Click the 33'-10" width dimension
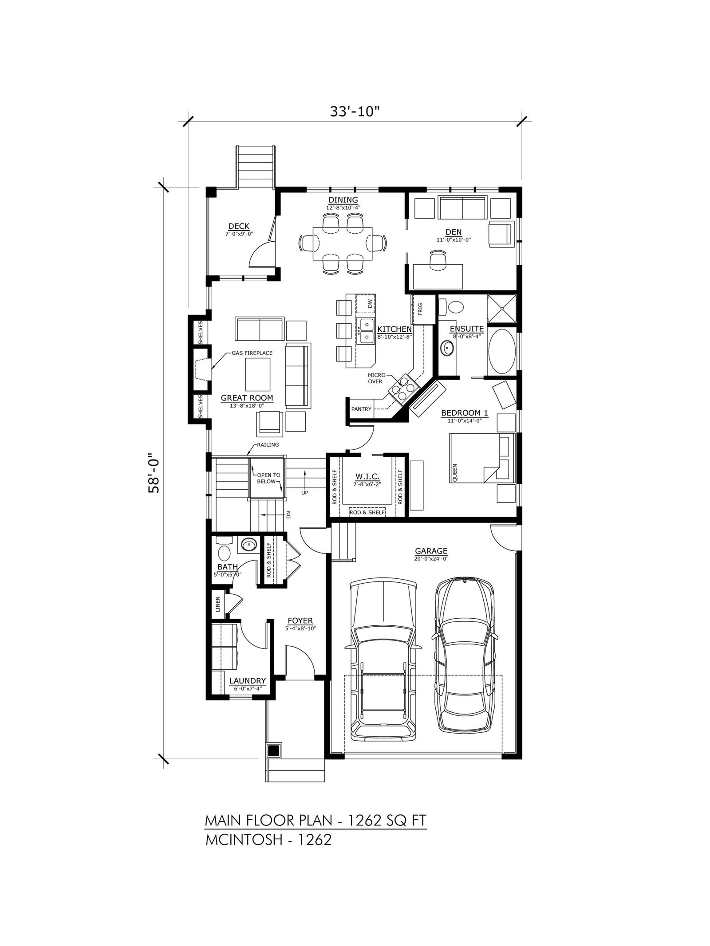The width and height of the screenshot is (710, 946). [x=355, y=110]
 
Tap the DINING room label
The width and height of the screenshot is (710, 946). [x=343, y=200]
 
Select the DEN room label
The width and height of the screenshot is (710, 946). [x=454, y=232]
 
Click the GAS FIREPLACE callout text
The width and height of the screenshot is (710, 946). [x=251, y=353]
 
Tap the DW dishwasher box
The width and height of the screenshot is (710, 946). [x=369, y=304]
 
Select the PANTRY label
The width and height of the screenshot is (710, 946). [x=361, y=409]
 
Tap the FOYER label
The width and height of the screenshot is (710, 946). [x=300, y=621]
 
